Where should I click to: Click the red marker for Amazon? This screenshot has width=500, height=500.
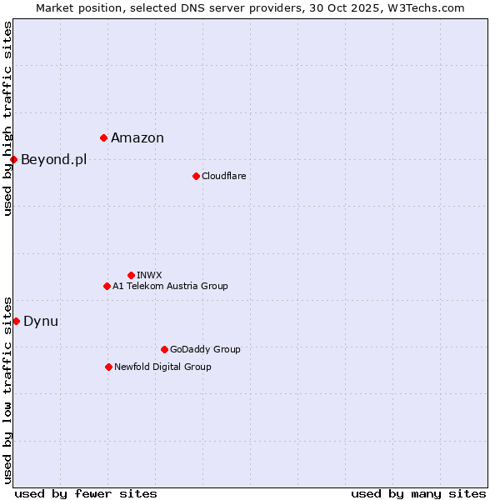click(x=103, y=137)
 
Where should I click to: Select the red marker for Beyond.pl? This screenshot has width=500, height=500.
click(x=13, y=159)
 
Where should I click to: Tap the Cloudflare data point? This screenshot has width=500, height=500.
click(x=196, y=176)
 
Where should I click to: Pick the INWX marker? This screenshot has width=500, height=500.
click(x=131, y=275)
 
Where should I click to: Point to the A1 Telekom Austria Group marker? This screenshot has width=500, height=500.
click(x=107, y=286)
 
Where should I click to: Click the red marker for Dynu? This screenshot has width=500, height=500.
click(x=16, y=321)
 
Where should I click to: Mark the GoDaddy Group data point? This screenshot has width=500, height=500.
click(x=164, y=349)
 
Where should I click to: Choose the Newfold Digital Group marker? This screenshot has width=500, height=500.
click(x=108, y=367)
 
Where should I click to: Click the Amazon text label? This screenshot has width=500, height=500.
click(x=137, y=138)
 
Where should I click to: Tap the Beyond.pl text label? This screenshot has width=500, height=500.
click(x=53, y=160)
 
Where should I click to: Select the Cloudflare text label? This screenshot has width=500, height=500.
click(x=223, y=176)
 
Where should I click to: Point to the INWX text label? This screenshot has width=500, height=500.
click(x=149, y=275)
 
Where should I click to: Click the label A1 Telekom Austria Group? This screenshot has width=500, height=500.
click(x=170, y=286)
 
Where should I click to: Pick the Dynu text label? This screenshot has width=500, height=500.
click(x=41, y=322)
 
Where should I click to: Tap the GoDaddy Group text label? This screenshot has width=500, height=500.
click(x=205, y=349)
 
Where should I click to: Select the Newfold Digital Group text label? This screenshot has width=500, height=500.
click(x=162, y=367)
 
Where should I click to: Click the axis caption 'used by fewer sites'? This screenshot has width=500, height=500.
click(x=86, y=493)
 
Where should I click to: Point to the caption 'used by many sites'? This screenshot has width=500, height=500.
click(x=418, y=493)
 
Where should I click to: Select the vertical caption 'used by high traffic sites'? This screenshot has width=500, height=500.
click(x=7, y=118)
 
